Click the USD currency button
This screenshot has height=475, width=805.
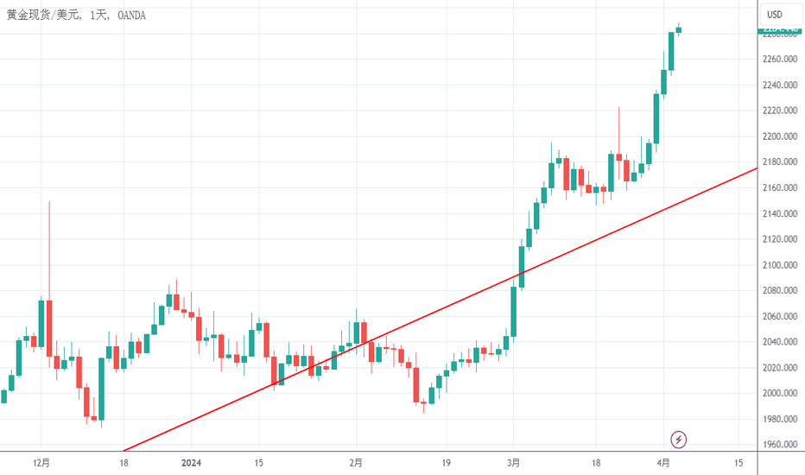click(775, 14)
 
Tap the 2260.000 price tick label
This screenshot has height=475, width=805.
click(779, 60)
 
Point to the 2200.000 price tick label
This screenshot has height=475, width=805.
click(779, 136)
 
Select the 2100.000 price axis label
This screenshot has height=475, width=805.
click(779, 265)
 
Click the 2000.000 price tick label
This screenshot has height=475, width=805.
click(779, 393)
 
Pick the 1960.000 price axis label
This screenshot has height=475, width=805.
click(779, 445)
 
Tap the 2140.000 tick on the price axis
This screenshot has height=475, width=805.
click(779, 213)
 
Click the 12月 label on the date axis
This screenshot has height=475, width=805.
click(40, 463)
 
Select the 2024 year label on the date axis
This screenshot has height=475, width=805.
click(191, 463)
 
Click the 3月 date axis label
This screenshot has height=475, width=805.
click(514, 463)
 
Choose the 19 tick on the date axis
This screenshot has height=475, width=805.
click(446, 463)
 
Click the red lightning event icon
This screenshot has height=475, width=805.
click(679, 440)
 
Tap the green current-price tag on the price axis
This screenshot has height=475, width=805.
click(781, 32)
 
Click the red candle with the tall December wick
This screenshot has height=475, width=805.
click(49, 327)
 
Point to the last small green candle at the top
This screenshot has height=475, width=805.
click(679, 30)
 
